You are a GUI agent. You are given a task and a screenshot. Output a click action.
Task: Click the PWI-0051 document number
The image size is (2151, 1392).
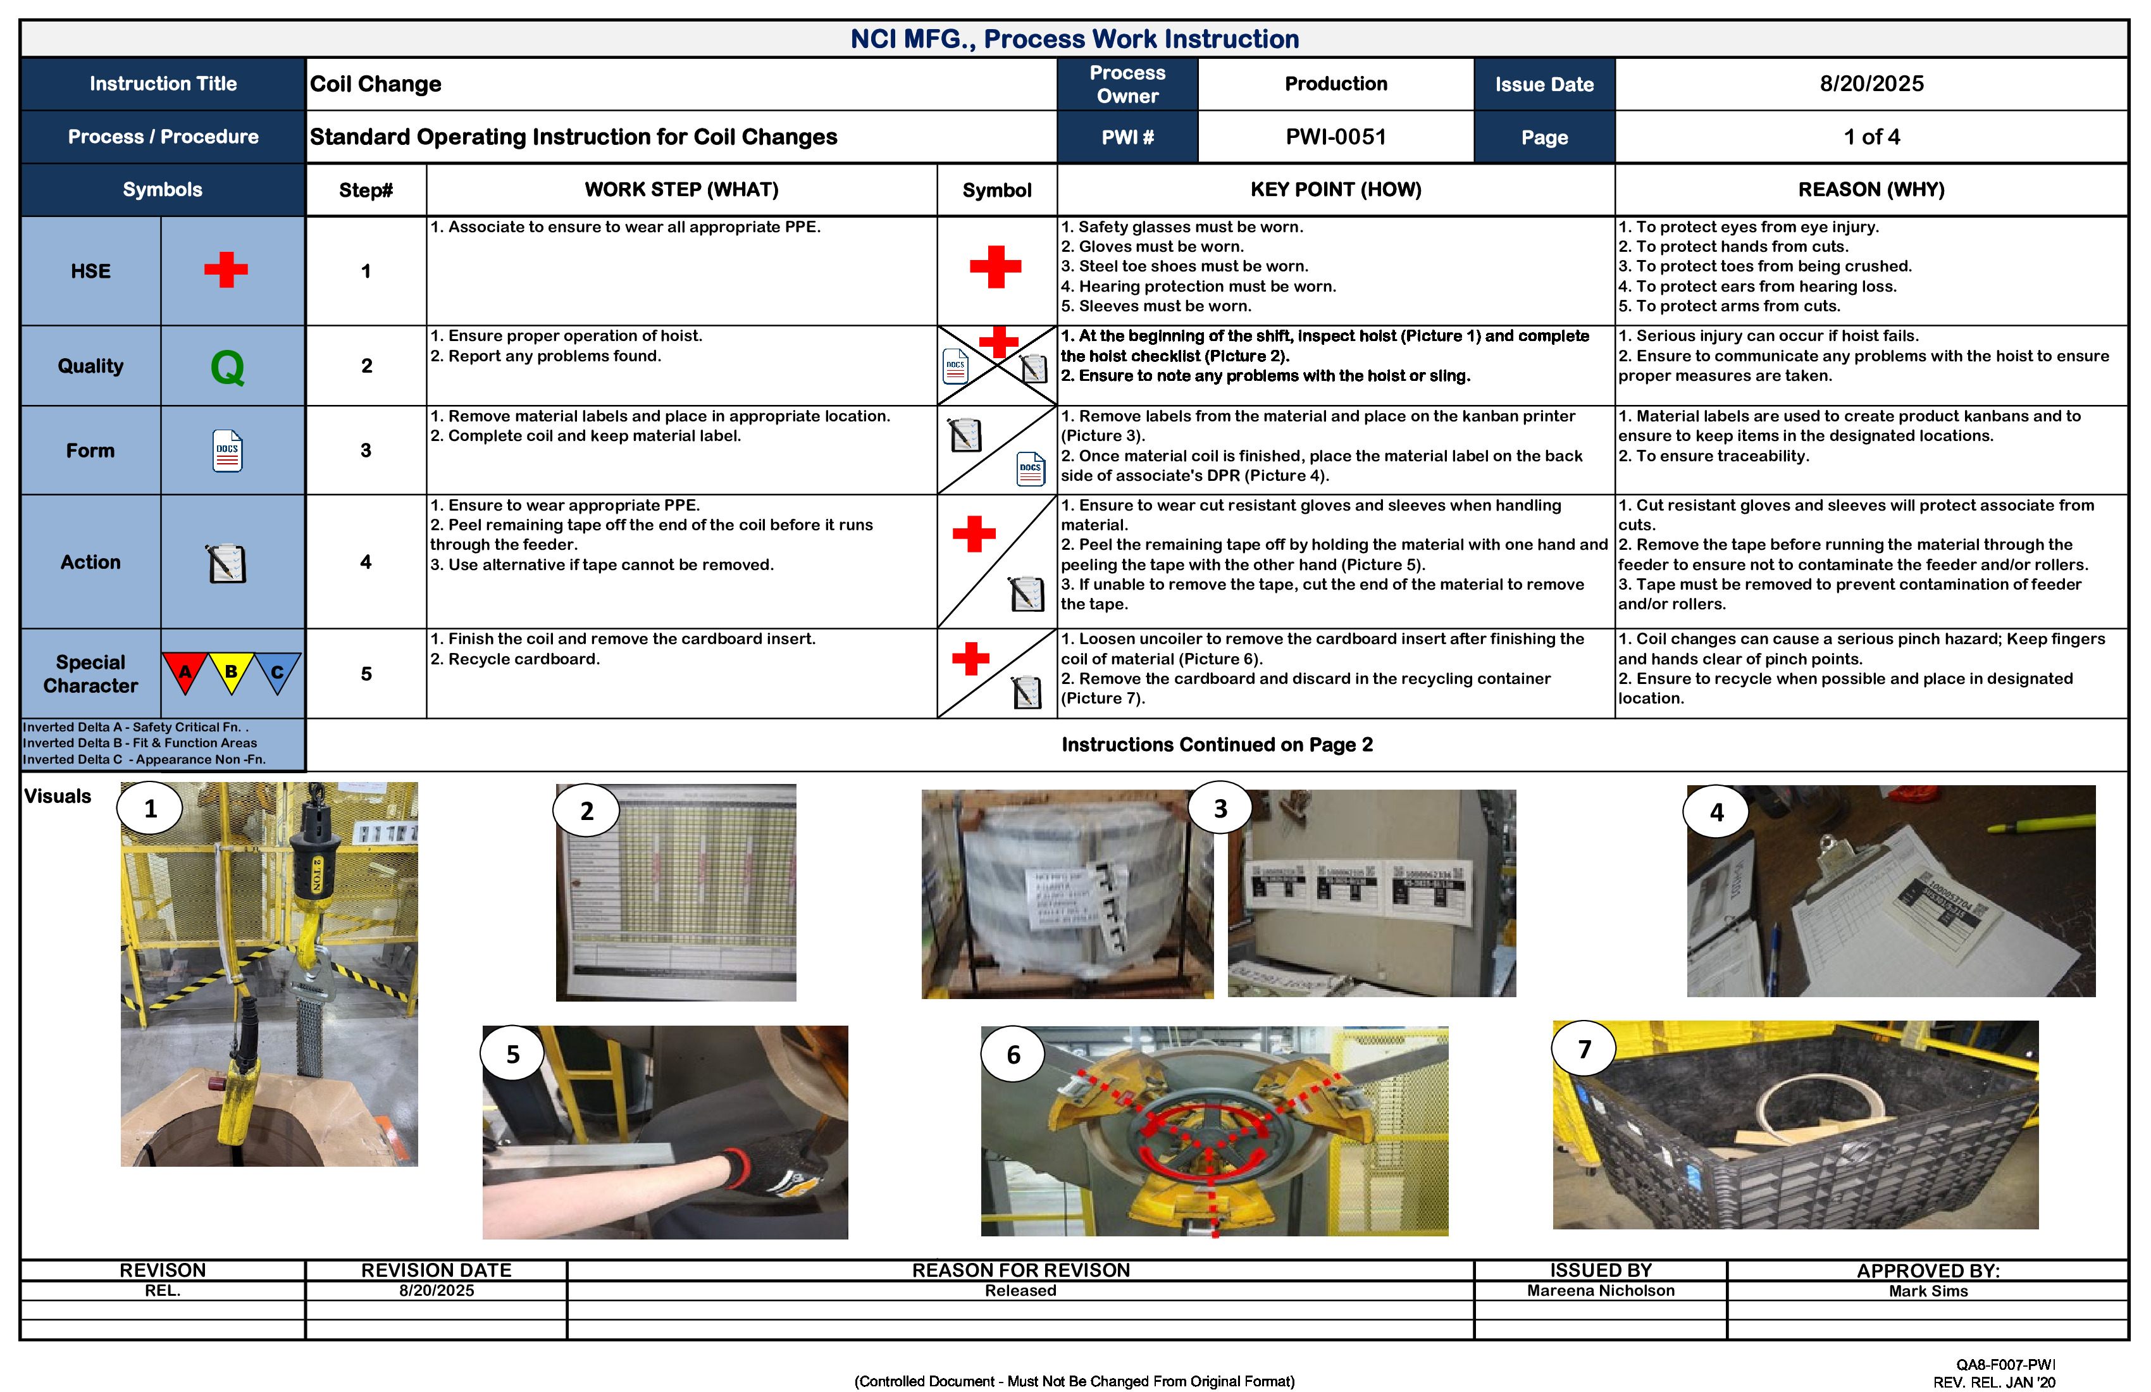1335,137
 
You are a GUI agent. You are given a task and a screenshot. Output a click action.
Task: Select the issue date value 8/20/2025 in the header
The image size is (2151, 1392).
1871,84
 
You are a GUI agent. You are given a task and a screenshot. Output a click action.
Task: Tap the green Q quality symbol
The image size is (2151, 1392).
228,367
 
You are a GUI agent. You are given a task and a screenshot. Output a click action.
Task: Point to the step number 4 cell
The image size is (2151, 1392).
366,562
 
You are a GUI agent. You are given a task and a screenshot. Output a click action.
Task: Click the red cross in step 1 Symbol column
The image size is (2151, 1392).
995,266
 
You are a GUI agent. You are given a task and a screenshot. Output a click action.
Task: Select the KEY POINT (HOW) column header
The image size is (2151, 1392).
1335,190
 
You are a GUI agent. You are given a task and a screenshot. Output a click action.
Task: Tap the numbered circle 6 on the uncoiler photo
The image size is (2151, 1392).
1013,1055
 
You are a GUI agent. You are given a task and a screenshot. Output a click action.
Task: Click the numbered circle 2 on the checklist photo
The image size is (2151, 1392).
586,811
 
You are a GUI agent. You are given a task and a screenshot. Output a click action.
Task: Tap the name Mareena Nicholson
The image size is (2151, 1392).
1600,1291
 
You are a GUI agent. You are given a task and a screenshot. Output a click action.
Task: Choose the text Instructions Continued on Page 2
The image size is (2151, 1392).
1217,745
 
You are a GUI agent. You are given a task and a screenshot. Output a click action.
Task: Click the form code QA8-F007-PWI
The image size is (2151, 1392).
2005,1365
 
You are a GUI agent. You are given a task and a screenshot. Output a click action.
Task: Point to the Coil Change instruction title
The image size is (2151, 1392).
376,84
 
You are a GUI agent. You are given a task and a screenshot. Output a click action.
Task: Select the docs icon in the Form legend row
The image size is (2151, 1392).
228,450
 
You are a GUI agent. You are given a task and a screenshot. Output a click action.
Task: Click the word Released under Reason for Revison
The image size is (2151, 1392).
1020,1291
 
